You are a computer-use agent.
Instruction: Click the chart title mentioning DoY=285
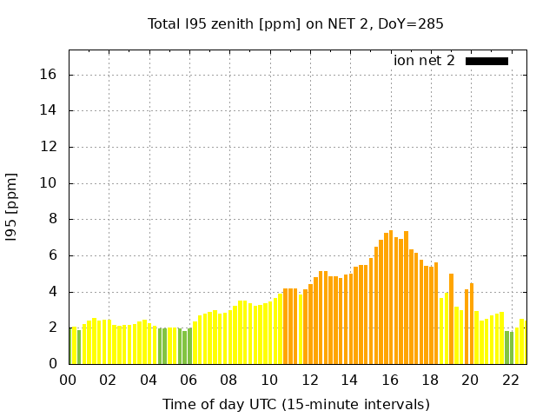[x=295, y=23]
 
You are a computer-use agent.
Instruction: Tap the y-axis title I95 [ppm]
[x=12, y=206]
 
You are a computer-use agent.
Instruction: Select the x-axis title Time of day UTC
[x=295, y=404]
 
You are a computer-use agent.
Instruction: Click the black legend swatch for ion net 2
[x=486, y=61]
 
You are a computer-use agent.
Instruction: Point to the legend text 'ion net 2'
[x=424, y=61]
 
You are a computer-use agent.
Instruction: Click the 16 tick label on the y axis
[x=50, y=75]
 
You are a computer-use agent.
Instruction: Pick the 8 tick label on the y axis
[x=53, y=220]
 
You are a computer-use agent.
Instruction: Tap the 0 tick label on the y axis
[x=53, y=364]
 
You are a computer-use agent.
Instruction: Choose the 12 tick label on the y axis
[x=50, y=147]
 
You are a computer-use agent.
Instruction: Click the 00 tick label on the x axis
[x=69, y=380]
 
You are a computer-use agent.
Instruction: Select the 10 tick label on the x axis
[x=269, y=380]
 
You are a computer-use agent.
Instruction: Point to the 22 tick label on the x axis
[x=510, y=380]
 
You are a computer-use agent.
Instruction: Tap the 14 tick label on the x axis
[x=349, y=380]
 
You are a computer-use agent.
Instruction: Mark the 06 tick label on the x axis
[x=189, y=380]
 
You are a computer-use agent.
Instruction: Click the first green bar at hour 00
[x=71, y=346]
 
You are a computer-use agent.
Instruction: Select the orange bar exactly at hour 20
[x=472, y=323]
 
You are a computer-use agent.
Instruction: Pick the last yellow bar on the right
[x=522, y=341]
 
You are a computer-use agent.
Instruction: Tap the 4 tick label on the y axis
[x=53, y=292]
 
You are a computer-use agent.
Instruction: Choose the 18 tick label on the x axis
[x=430, y=380]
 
